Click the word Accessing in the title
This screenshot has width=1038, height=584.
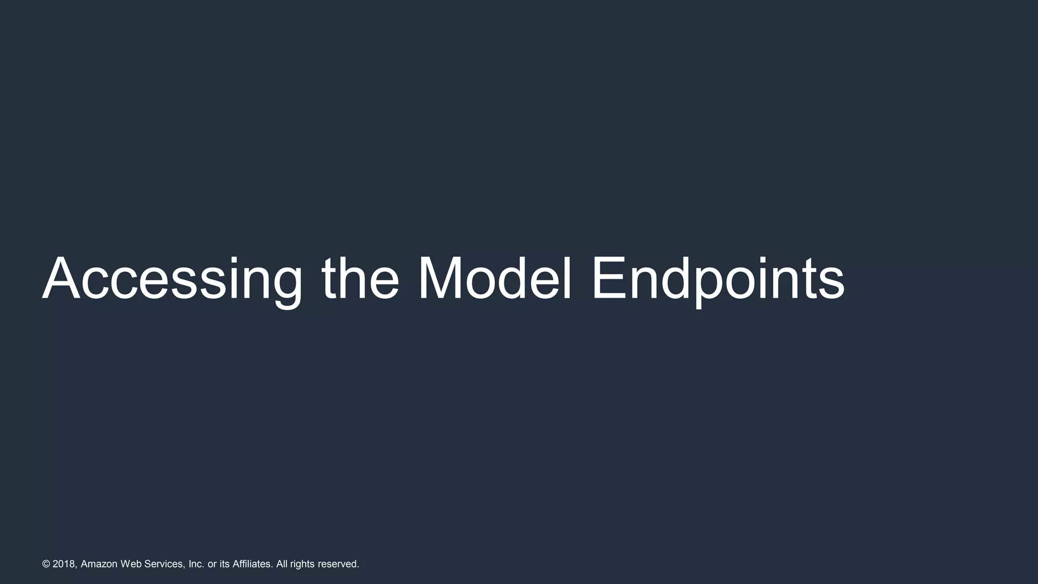coord(172,280)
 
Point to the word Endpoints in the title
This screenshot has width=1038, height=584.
coord(718,280)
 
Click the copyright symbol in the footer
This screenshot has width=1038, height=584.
coord(46,564)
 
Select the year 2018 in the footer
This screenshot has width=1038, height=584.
coord(64,564)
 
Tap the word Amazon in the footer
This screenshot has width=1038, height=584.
coord(99,564)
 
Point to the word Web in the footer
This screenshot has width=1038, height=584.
coord(131,564)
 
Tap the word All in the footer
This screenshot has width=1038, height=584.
coord(282,564)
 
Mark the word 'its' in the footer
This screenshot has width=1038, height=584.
coord(225,564)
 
